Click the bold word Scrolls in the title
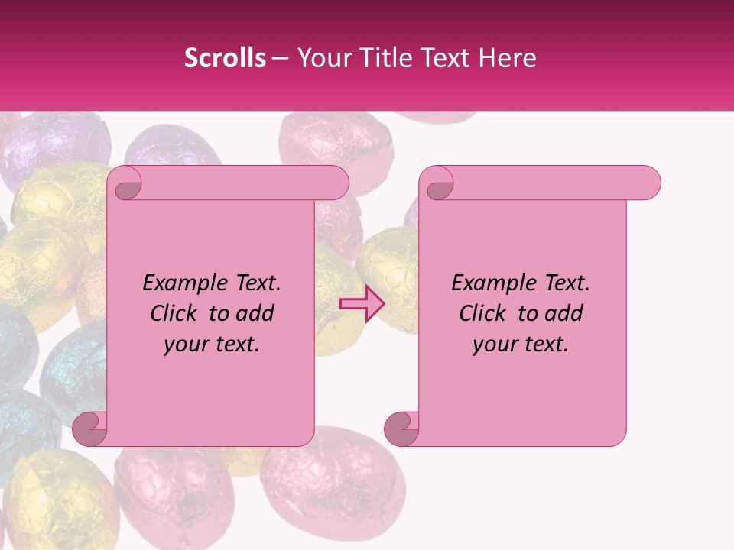coord(225,58)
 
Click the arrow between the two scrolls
coord(362,304)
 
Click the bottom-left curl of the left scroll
coord(89,429)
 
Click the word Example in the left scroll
coord(180,283)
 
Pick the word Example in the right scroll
coord(489,283)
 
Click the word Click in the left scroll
coord(177,313)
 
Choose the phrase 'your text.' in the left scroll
coord(212,344)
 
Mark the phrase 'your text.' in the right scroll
coord(521,344)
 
